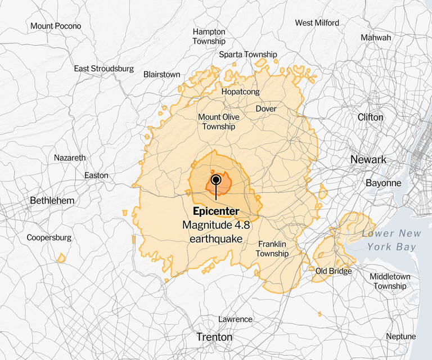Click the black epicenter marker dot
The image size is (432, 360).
[215, 179]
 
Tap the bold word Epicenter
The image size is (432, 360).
[215, 211]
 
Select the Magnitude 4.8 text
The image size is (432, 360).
[215, 225]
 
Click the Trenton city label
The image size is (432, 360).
[214, 337]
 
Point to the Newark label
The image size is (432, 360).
[368, 160]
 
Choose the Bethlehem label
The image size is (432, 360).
[52, 200]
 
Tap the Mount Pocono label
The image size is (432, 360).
[56, 26]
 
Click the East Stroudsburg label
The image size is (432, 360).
[104, 69]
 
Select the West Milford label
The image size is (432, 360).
[317, 23]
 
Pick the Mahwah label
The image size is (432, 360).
[391, 37]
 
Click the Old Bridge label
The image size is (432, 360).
[333, 271]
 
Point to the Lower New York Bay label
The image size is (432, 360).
[391, 240]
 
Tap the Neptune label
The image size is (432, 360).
[400, 336]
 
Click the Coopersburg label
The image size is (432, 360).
[49, 238]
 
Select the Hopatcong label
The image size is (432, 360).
[240, 91]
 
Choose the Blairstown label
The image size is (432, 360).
[161, 74]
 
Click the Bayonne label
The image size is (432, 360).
[383, 183]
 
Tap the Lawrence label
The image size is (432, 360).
[235, 319]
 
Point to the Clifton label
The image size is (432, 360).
[371, 117]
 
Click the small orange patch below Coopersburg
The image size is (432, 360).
[61, 258]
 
